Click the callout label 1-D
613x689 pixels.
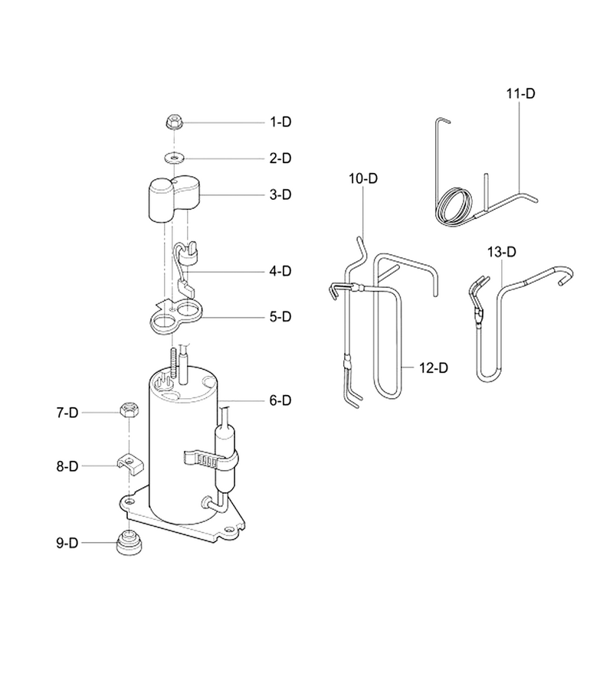pos(280,122)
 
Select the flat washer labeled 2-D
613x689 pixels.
pos(175,157)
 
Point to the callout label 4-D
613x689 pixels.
pos(280,271)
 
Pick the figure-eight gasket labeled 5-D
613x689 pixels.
pos(175,315)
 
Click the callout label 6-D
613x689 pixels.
pos(280,400)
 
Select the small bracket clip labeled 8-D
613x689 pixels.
pos(130,464)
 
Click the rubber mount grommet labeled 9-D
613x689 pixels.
pos(129,543)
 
